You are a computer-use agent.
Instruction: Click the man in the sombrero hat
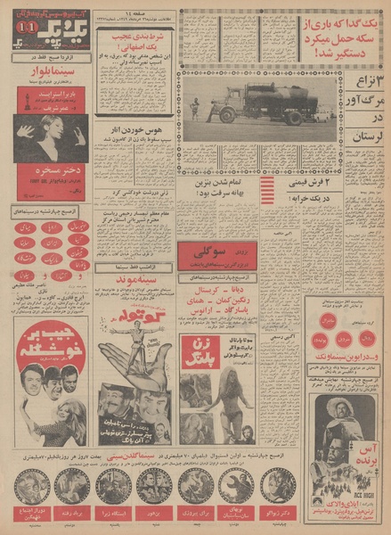pyautogui.click(x=340, y=412)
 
